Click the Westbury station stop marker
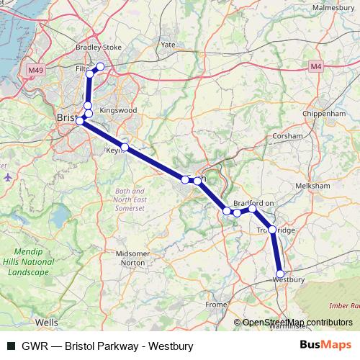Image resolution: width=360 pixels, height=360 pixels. coord(280,274)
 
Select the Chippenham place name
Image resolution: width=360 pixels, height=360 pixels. coord(325,114)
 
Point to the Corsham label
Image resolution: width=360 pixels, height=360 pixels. coord(288,135)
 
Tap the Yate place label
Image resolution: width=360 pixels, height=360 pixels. coord(168,45)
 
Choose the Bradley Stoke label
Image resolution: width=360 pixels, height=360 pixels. coord(99,48)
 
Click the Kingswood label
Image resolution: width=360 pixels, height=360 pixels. coord(118,110)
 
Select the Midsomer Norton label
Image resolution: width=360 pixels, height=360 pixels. coord(132,258)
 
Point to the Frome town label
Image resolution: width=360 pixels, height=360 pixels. coord(215,305)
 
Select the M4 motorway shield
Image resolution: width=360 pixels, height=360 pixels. coord(315,66)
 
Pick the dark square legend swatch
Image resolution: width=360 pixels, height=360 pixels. coord(11,346)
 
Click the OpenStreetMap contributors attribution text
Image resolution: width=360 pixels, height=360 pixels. coord(295,322)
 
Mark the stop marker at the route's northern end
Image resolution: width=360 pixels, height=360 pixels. coord(100,67)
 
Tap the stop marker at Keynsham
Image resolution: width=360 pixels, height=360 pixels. coord(125,148)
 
